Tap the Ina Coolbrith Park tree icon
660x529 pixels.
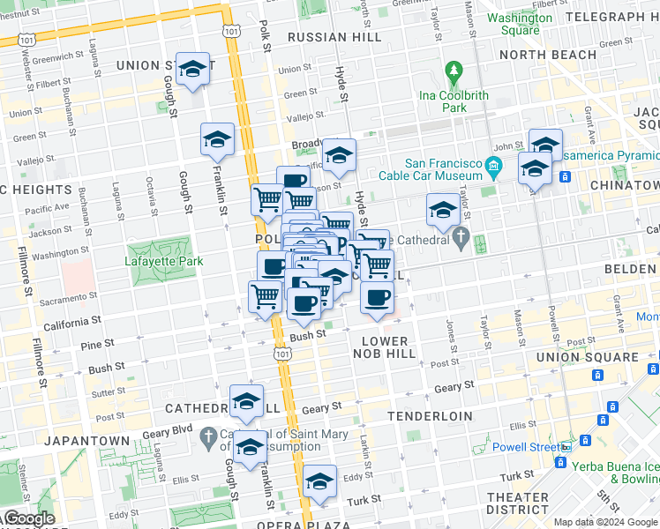coord(454,70)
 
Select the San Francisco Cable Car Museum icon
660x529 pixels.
coord(493,166)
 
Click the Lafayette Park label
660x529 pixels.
coord(163,261)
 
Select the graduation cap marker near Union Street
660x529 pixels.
coord(191,70)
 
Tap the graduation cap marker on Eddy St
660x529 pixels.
coord(320,481)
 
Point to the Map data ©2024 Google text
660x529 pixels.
coord(605,522)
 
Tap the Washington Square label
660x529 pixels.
coord(514,24)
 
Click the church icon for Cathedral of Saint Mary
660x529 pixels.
coord(209,436)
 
